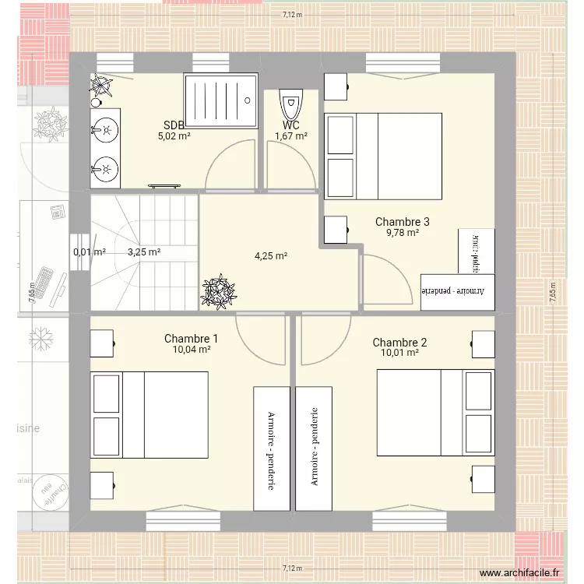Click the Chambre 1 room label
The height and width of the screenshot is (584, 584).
(191, 339)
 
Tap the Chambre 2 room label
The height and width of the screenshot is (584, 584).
(399, 343)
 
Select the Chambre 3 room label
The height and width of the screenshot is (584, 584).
(402, 221)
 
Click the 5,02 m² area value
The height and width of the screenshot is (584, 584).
(174, 135)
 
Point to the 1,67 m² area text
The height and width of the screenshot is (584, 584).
(290, 136)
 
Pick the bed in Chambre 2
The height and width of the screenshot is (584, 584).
(435, 412)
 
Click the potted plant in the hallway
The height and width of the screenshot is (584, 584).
(218, 291)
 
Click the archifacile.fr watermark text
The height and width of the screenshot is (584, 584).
(520, 573)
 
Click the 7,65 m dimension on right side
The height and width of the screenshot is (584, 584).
(553, 294)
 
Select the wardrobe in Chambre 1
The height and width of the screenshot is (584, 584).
(271, 449)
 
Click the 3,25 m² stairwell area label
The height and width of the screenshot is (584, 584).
(144, 252)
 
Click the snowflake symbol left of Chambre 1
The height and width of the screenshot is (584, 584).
(40, 338)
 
